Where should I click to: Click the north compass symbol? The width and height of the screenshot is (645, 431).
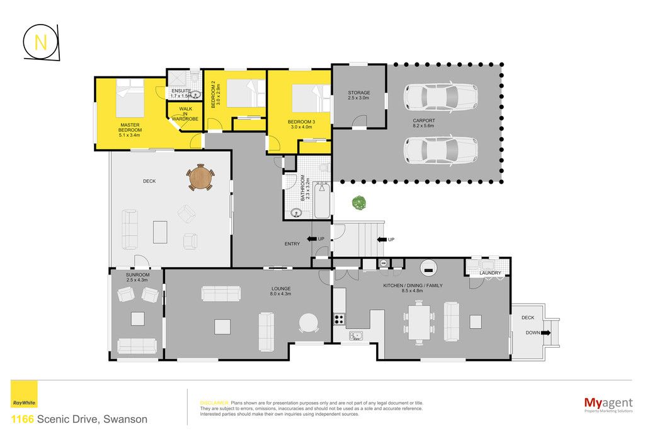coord(41,42)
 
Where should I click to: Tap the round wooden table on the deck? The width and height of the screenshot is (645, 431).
coord(200,177)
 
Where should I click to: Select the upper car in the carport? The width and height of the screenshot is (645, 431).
coord(440,97)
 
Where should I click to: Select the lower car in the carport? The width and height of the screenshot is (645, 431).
coord(440,150)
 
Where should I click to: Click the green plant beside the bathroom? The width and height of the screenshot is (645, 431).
coord(358,203)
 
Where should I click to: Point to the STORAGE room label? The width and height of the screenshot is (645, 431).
coord(358,95)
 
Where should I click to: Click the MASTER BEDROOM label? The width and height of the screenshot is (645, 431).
coord(130,130)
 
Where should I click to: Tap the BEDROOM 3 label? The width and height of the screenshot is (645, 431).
coord(301,124)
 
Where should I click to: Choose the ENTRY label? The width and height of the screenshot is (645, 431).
coord(292,244)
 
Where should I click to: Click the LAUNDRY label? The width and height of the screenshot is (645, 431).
coord(490,273)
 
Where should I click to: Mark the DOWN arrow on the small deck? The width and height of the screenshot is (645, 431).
coord(546,333)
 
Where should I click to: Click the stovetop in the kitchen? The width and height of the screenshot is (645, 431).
coord(339,319)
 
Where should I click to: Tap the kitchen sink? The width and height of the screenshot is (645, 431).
coord(356,336)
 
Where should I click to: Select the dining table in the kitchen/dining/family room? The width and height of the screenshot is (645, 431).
coord(419,322)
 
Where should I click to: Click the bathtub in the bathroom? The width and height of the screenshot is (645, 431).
coord(322,200)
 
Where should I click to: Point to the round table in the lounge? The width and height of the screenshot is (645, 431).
coord(309,322)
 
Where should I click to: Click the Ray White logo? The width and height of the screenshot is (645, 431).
coord(24,394)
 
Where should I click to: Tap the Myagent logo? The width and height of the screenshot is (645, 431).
coord(608,404)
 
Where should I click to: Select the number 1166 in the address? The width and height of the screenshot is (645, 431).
coord(22,420)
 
